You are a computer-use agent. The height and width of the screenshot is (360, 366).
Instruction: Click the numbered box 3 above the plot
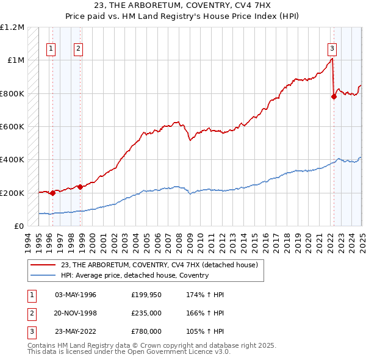(332, 49)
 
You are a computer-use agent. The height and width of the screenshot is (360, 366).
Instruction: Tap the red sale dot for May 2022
(334, 96)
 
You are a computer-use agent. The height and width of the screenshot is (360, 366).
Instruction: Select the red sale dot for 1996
(52, 193)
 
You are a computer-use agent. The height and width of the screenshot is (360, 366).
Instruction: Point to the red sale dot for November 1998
(80, 187)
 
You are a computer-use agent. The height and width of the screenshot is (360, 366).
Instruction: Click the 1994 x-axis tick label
(27, 239)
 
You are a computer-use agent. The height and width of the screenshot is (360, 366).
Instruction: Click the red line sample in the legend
(43, 265)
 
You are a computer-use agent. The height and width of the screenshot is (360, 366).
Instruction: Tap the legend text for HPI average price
(135, 275)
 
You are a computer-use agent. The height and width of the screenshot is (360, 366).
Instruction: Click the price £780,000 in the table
(146, 332)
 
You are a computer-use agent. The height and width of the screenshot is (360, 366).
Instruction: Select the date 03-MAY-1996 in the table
(76, 295)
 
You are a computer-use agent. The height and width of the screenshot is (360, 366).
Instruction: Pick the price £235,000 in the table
(146, 314)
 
